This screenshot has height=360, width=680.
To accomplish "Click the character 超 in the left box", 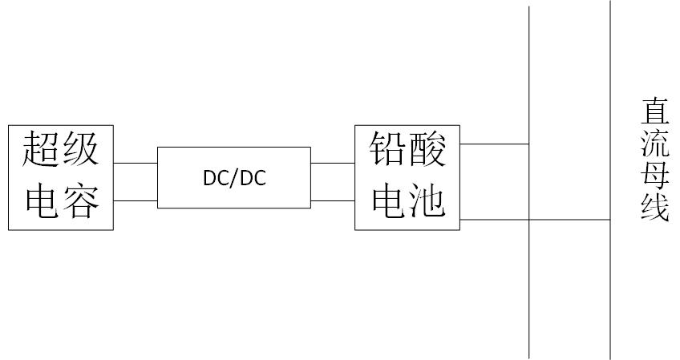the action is [41, 149].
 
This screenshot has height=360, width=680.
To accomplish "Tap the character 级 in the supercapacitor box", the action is [81, 149].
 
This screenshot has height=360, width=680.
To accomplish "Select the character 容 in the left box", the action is [81, 201].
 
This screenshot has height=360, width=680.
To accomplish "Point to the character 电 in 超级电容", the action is [42, 201].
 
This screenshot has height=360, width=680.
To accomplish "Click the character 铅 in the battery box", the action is [387, 149].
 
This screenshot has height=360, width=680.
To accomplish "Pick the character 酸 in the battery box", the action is [427, 149].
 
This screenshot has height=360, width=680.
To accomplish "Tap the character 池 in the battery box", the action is [427, 201].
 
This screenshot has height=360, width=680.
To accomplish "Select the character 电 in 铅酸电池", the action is [389, 201].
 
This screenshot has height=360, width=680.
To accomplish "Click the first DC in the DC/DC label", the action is [217, 178].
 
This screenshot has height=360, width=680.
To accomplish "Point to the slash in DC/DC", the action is [235, 178].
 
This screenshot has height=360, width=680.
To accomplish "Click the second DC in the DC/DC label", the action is [253, 178].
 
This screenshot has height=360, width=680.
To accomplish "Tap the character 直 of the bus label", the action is [655, 112].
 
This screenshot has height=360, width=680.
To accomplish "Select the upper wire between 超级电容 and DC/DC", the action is [136, 164].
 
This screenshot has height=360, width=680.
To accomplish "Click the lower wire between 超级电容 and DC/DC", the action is [136, 200].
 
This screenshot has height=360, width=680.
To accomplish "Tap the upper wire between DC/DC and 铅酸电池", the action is [333, 164].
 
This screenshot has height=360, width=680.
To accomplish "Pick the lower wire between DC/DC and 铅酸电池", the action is [333, 200].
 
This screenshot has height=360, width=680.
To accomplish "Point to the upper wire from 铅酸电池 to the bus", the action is [495, 144].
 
